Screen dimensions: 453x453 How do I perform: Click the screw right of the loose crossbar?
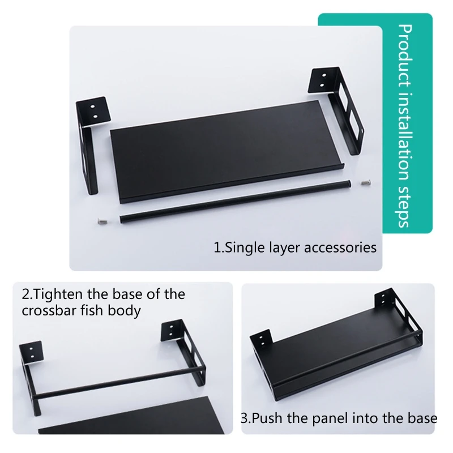coord(366,182)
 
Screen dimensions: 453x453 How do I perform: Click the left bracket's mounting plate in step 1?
coord(93,113)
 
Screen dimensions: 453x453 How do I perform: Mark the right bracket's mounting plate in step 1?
coord(323,82)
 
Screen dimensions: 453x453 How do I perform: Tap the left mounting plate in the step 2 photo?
coord(31,353)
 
